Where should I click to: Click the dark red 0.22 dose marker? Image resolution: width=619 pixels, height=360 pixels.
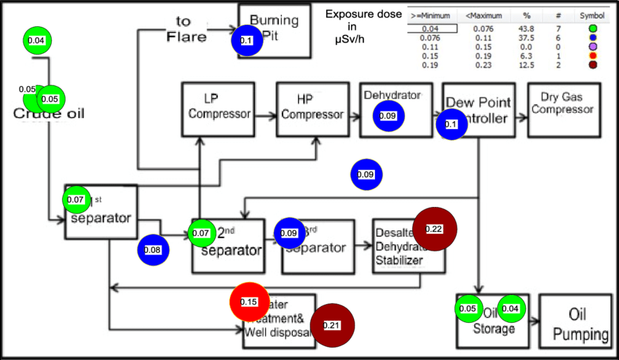click(434, 229)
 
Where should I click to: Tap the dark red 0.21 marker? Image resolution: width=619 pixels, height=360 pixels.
click(331, 325)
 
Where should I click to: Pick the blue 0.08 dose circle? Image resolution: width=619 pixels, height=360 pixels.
click(153, 250)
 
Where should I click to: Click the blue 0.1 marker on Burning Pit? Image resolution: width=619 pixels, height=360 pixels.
click(246, 41)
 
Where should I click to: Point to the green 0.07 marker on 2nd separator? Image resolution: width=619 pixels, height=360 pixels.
click(200, 233)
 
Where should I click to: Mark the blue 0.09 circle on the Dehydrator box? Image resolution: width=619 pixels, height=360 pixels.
click(388, 116)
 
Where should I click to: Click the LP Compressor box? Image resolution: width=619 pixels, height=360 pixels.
click(217, 109)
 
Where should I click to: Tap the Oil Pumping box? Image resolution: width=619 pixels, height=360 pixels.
click(580, 323)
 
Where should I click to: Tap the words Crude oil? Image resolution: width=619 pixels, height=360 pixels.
click(49, 114)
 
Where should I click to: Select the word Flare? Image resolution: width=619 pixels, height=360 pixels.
click(187, 36)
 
